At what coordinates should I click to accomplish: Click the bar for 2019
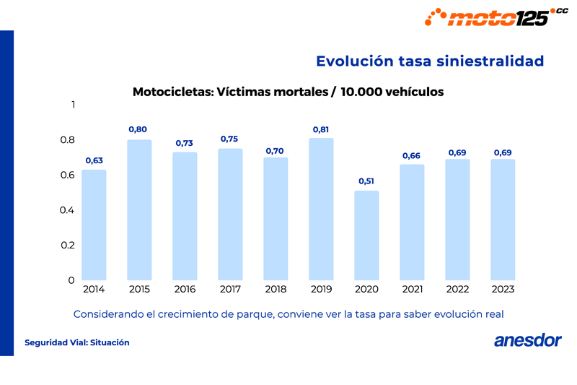321,209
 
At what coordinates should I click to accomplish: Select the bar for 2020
366,235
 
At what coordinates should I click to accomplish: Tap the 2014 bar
94,225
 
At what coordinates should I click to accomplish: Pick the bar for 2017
230,215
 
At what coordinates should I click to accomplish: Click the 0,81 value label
321,129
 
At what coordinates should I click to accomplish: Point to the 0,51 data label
366,181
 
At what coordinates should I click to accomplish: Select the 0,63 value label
94,160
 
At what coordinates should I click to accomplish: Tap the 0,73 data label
185,143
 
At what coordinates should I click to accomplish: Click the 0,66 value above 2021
411,155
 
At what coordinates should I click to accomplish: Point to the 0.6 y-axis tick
67,175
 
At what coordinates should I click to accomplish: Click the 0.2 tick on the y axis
67,245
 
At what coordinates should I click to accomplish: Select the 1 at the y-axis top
72,105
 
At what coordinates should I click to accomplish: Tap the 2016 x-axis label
185,290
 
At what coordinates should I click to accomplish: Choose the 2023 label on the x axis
503,290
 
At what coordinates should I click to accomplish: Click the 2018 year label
276,290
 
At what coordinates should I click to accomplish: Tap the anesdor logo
527,341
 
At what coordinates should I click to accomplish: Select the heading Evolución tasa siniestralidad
429,61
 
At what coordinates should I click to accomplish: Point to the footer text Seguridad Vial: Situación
77,342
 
